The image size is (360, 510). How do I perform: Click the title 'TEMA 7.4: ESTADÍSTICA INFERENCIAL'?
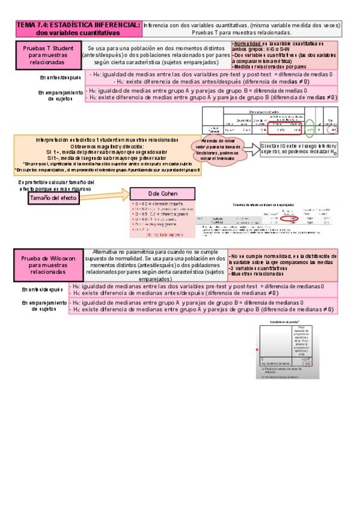click(78, 25)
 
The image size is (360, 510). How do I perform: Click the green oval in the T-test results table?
click(308, 129)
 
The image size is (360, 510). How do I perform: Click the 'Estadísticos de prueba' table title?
click(288, 323)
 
